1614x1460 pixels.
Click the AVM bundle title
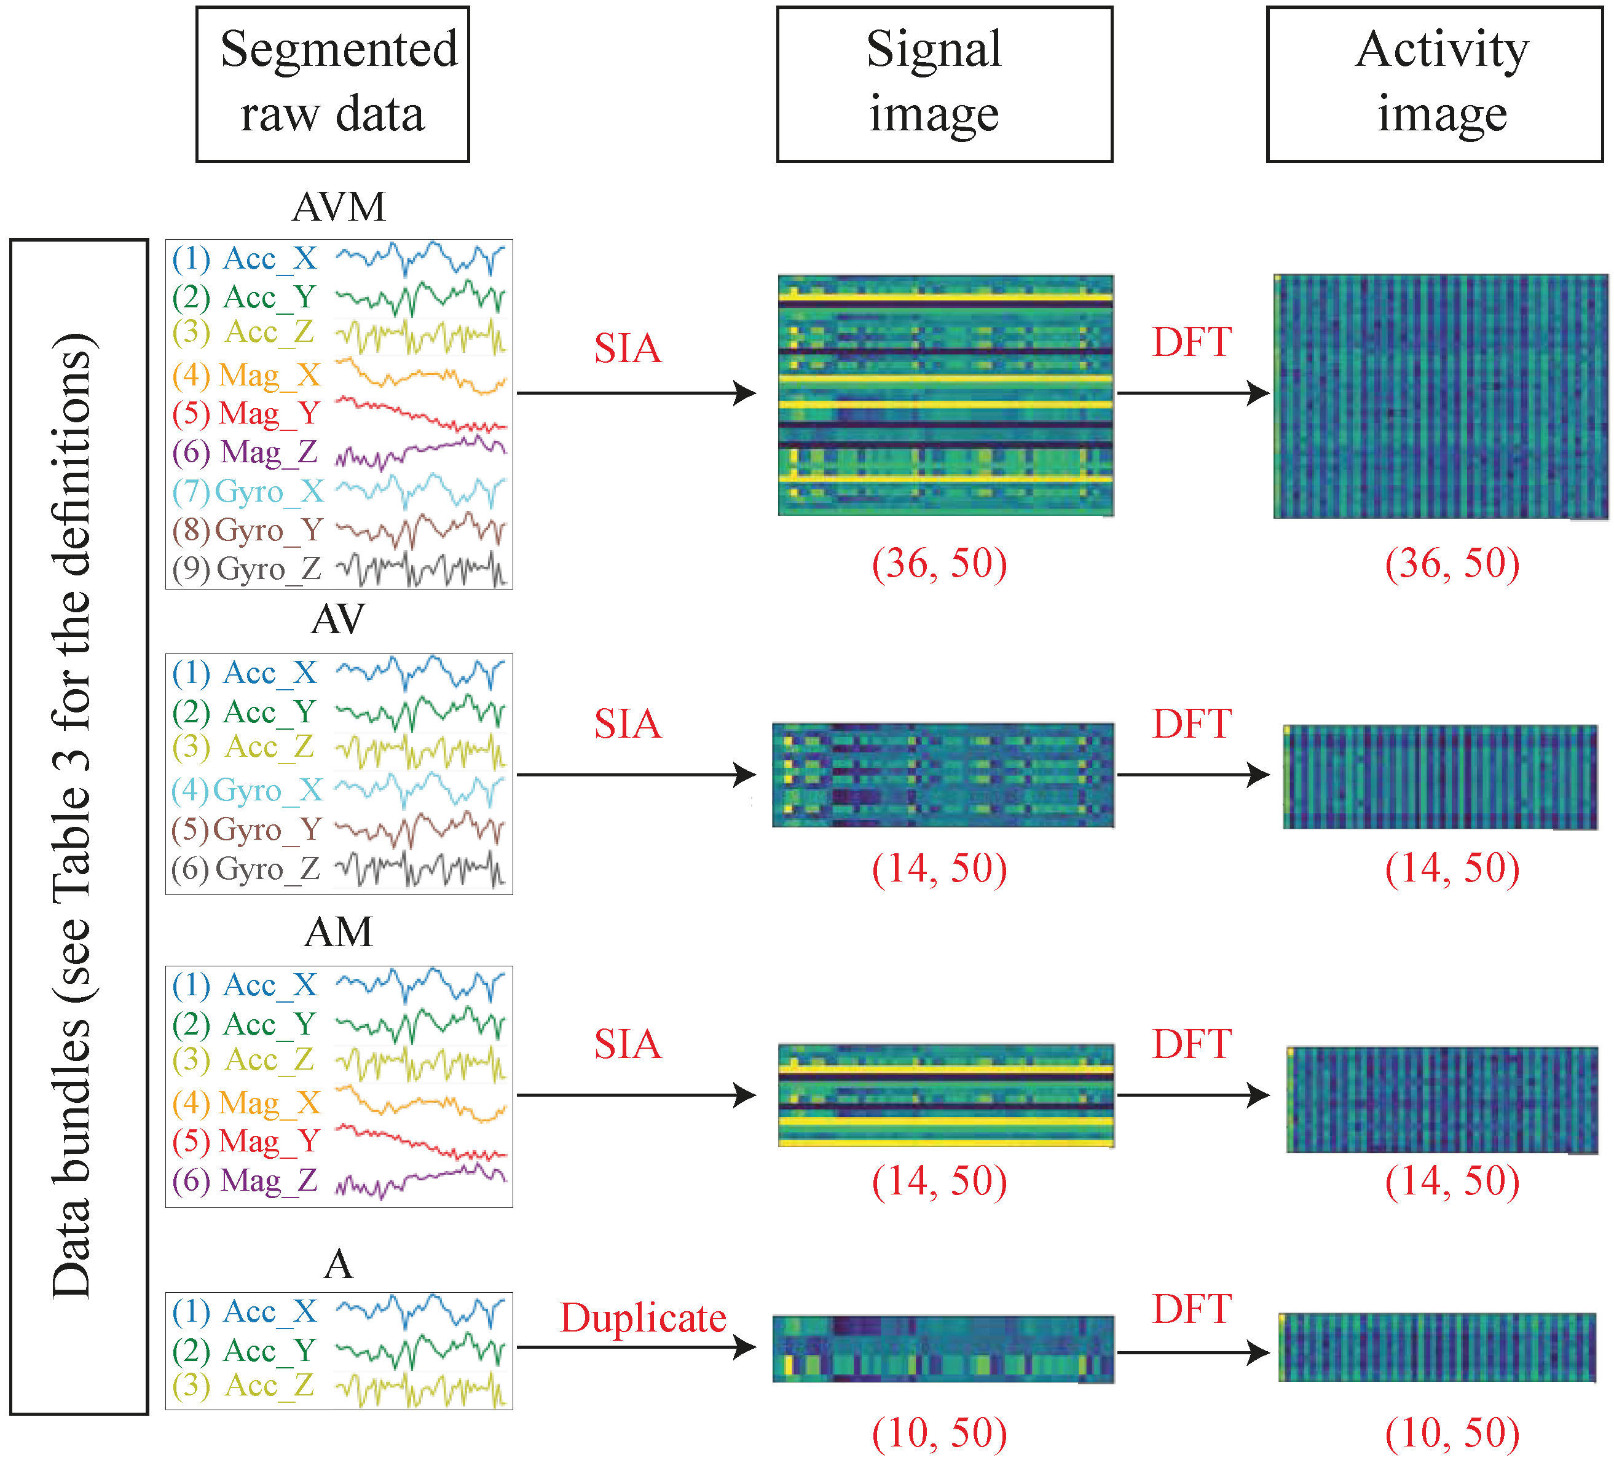click(339, 207)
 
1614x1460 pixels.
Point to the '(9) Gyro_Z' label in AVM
click(246, 569)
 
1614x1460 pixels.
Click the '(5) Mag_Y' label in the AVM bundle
click(246, 413)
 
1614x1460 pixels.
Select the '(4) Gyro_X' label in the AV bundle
click(246, 791)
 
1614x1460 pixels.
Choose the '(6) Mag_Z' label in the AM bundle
click(246, 1180)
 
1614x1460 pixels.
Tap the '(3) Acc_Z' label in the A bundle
click(243, 1385)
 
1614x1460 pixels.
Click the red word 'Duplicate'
click(643, 1317)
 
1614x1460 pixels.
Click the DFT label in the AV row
click(1191, 724)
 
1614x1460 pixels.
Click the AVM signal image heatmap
click(945, 395)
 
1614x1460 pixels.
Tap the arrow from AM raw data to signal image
click(637, 1095)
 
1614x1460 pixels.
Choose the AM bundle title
click(339, 932)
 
